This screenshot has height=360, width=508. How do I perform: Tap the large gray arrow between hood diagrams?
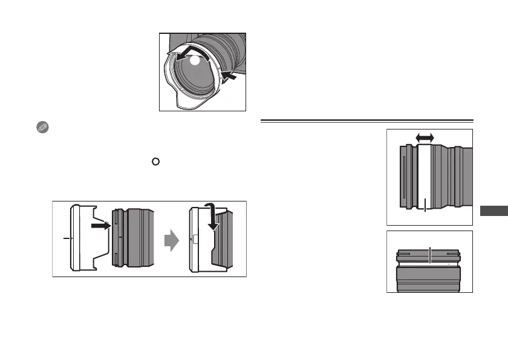pyautogui.click(x=172, y=243)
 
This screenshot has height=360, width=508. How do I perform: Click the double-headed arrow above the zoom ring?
pyautogui.click(x=425, y=138)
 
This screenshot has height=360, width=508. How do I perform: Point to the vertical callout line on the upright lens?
pyautogui.click(x=429, y=255)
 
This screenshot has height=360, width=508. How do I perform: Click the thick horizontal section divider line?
pyautogui.click(x=366, y=121)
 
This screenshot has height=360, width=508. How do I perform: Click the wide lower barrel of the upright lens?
pyautogui.click(x=429, y=280)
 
